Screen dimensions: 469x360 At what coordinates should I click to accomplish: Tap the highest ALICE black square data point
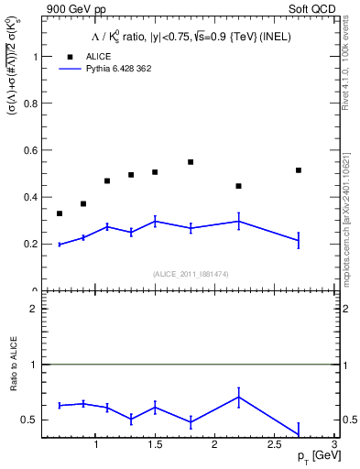191,162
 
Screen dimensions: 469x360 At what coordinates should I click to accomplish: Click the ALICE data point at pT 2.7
299,170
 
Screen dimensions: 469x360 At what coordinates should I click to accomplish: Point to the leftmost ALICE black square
60,213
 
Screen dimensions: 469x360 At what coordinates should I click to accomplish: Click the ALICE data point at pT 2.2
238,186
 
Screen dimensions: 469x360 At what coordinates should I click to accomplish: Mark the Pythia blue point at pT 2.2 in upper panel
238,221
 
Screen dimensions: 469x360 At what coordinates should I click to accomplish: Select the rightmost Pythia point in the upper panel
299,241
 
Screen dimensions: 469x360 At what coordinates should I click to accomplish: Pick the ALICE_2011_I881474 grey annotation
190,274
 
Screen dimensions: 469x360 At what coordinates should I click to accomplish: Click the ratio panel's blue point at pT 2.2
238,397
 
